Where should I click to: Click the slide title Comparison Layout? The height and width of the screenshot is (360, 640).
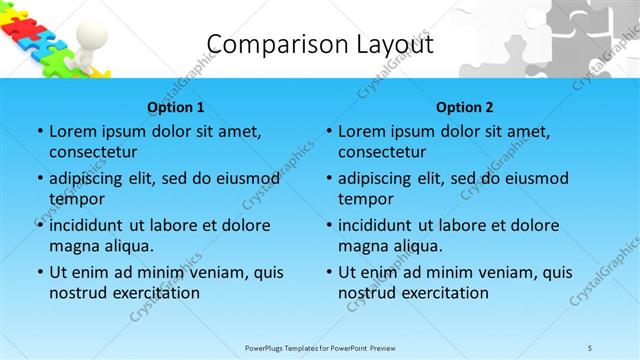(320, 44)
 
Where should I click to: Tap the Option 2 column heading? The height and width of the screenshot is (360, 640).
(464, 107)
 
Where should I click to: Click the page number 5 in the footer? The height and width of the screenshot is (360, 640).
(591, 348)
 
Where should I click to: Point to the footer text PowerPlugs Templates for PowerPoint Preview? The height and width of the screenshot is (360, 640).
(320, 348)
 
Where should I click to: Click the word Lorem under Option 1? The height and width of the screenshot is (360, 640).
(75, 132)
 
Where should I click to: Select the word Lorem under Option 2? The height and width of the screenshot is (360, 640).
(364, 132)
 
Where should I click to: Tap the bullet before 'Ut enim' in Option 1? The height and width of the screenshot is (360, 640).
(39, 272)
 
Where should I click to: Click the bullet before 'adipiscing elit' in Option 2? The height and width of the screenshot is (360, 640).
(328, 179)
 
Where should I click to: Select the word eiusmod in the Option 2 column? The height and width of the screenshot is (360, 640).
(535, 178)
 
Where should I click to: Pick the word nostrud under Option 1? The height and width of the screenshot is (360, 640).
(78, 292)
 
